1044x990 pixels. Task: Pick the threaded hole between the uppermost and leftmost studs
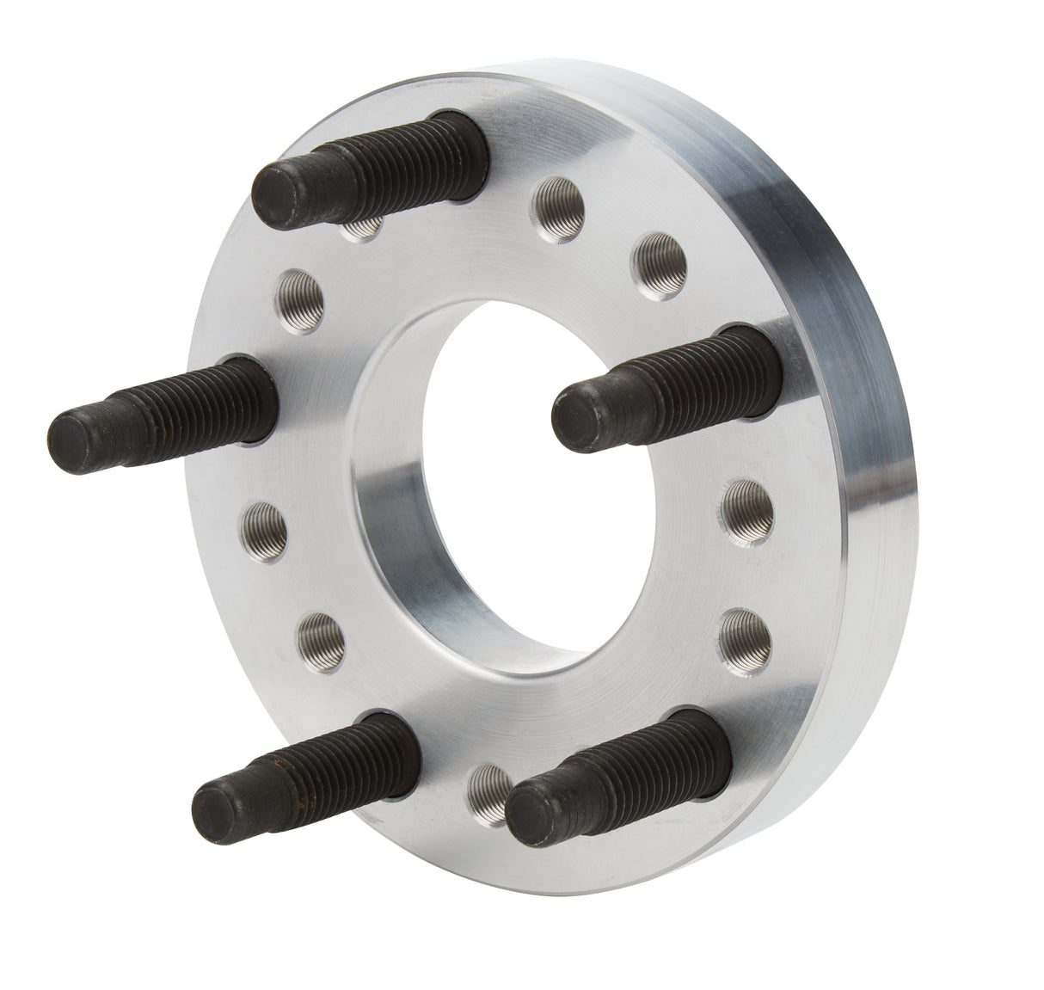pos(302,293)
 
